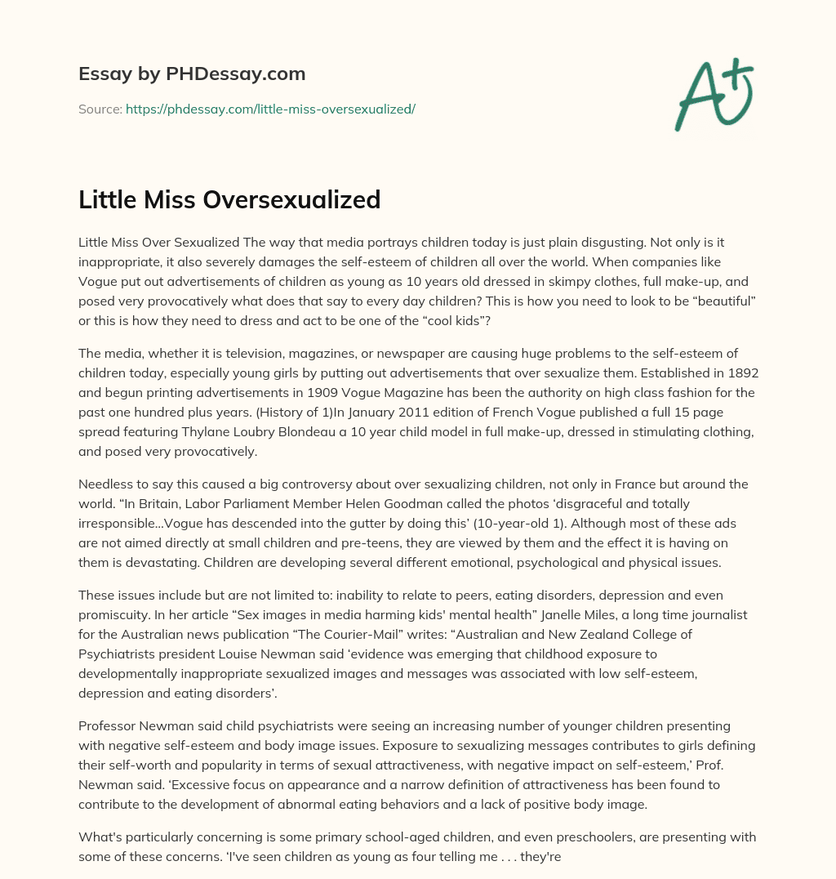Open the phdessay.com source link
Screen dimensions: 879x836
[270, 109]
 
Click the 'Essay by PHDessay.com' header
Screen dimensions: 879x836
[192, 74]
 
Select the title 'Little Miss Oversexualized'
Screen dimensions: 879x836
[229, 199]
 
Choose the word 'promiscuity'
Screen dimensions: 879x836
[114, 615]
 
